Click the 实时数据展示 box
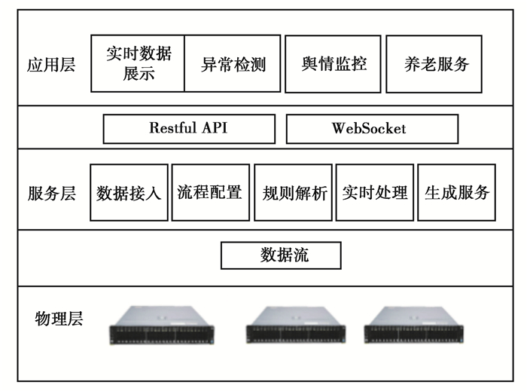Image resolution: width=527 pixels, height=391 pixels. point(138,63)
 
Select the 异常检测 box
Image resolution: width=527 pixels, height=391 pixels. point(233,63)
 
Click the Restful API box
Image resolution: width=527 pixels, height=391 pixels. point(187,128)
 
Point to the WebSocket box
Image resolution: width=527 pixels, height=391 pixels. point(371,128)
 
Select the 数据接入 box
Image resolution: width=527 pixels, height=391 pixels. point(129,192)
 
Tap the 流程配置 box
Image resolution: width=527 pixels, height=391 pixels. point(210,192)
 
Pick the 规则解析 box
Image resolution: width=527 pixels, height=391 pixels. point(293,192)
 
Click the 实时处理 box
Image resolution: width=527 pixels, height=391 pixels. point(374,192)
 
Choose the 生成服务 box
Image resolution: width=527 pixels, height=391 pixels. point(456,192)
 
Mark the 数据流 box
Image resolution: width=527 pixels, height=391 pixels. point(281,255)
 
